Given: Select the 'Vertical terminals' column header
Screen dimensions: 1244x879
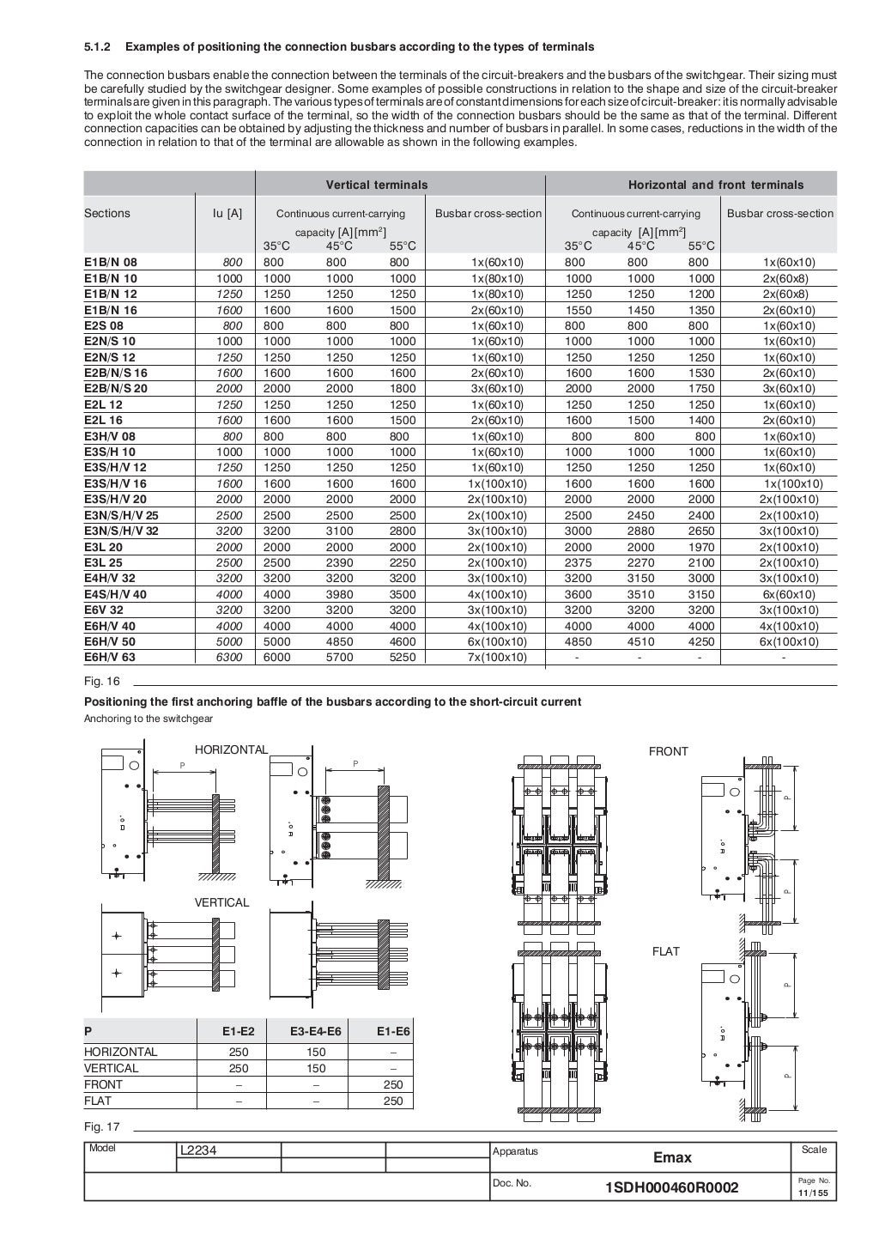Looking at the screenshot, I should pos(376,185).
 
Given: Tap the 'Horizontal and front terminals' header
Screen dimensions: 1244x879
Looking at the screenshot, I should pos(716,185).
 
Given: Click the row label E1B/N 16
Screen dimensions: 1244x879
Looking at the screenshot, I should pos(111,310).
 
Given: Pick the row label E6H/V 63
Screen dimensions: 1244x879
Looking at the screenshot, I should pos(110,657).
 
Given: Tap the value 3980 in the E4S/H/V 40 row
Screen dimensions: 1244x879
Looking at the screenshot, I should pos(341,594).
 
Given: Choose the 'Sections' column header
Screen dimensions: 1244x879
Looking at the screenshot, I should pos(107,213).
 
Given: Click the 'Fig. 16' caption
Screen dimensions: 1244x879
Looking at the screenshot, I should pos(101,681).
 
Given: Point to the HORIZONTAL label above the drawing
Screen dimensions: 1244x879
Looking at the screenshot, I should pos(231,749).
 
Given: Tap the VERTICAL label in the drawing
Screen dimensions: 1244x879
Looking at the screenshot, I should pos(221,902).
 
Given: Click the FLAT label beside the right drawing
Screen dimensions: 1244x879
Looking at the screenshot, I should pos(665,951).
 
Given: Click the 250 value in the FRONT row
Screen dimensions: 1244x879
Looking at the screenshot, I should pos(392,1084).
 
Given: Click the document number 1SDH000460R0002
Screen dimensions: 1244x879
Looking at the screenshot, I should pos(671,1187).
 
